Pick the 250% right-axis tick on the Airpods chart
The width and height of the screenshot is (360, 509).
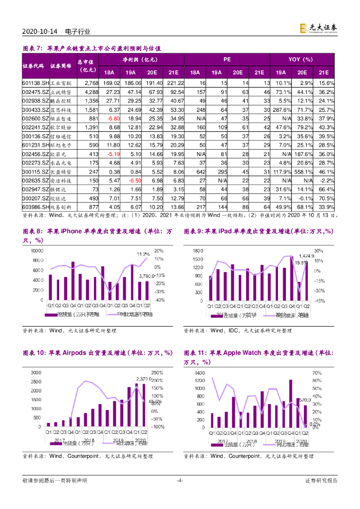(x=157, y=372)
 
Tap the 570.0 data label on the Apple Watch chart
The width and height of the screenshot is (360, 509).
(x=304, y=399)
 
